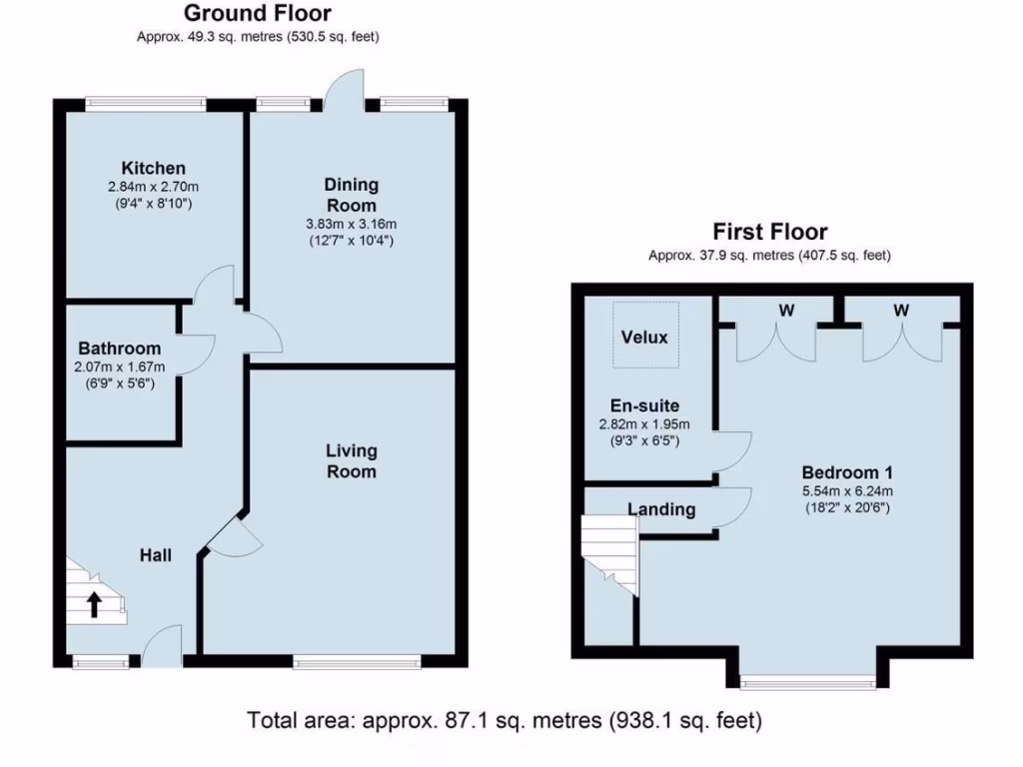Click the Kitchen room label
click(x=153, y=168)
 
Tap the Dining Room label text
click(x=351, y=195)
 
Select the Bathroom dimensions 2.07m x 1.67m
click(x=120, y=367)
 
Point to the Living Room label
click(x=351, y=461)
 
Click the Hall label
click(x=155, y=554)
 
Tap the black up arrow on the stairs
click(x=95, y=603)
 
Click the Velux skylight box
click(x=644, y=337)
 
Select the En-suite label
click(x=644, y=405)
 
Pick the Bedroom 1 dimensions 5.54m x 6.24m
click(x=847, y=490)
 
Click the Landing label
click(x=661, y=509)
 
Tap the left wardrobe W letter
click(x=786, y=311)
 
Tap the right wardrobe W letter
click(x=901, y=311)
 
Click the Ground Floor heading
click(x=258, y=14)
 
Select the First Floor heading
click(x=769, y=232)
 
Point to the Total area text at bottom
click(x=505, y=719)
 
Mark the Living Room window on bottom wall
click(x=357, y=660)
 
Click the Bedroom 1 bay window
click(x=808, y=683)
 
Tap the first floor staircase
click(x=609, y=554)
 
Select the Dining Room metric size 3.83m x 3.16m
click(x=351, y=224)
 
